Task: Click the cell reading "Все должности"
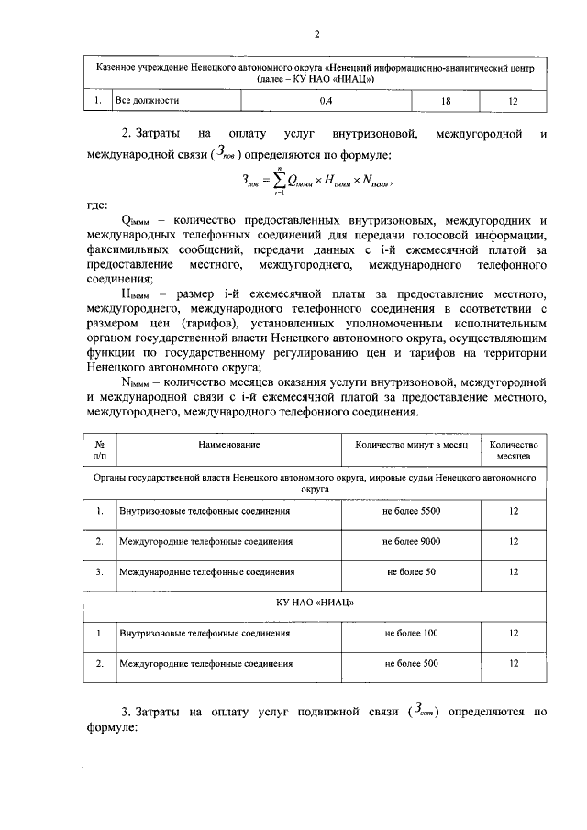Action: (146, 100)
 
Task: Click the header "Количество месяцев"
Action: (513, 449)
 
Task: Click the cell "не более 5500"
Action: (411, 511)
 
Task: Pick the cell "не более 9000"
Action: (411, 541)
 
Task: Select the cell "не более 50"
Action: (411, 571)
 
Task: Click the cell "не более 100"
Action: (411, 633)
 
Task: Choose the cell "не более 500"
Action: (411, 663)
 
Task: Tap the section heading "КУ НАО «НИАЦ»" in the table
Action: (316, 603)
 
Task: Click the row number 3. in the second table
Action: (99, 571)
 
